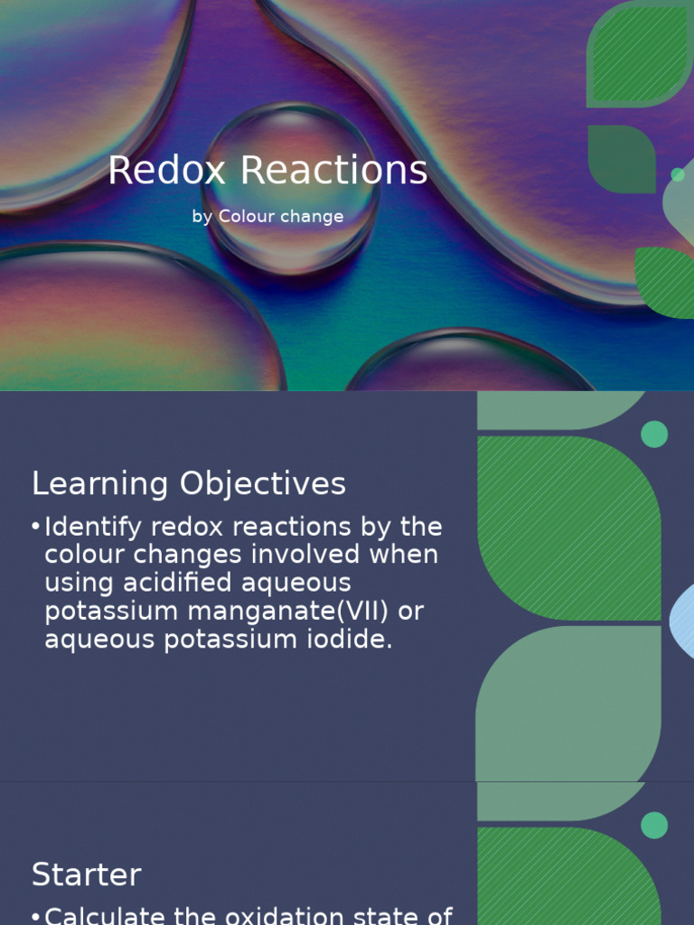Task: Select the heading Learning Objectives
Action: coord(189,484)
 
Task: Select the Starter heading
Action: coord(87,874)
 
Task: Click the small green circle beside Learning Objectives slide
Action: coord(654,434)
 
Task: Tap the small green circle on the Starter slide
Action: coord(654,825)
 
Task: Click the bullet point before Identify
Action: coord(36,527)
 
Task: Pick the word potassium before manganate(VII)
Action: coord(112,612)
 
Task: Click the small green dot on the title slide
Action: coord(678,174)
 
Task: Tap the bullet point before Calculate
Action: coord(36,916)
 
